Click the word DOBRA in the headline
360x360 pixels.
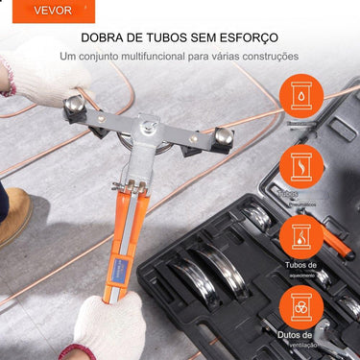pos(105,37)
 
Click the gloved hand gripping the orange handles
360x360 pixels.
pos(108,326)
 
